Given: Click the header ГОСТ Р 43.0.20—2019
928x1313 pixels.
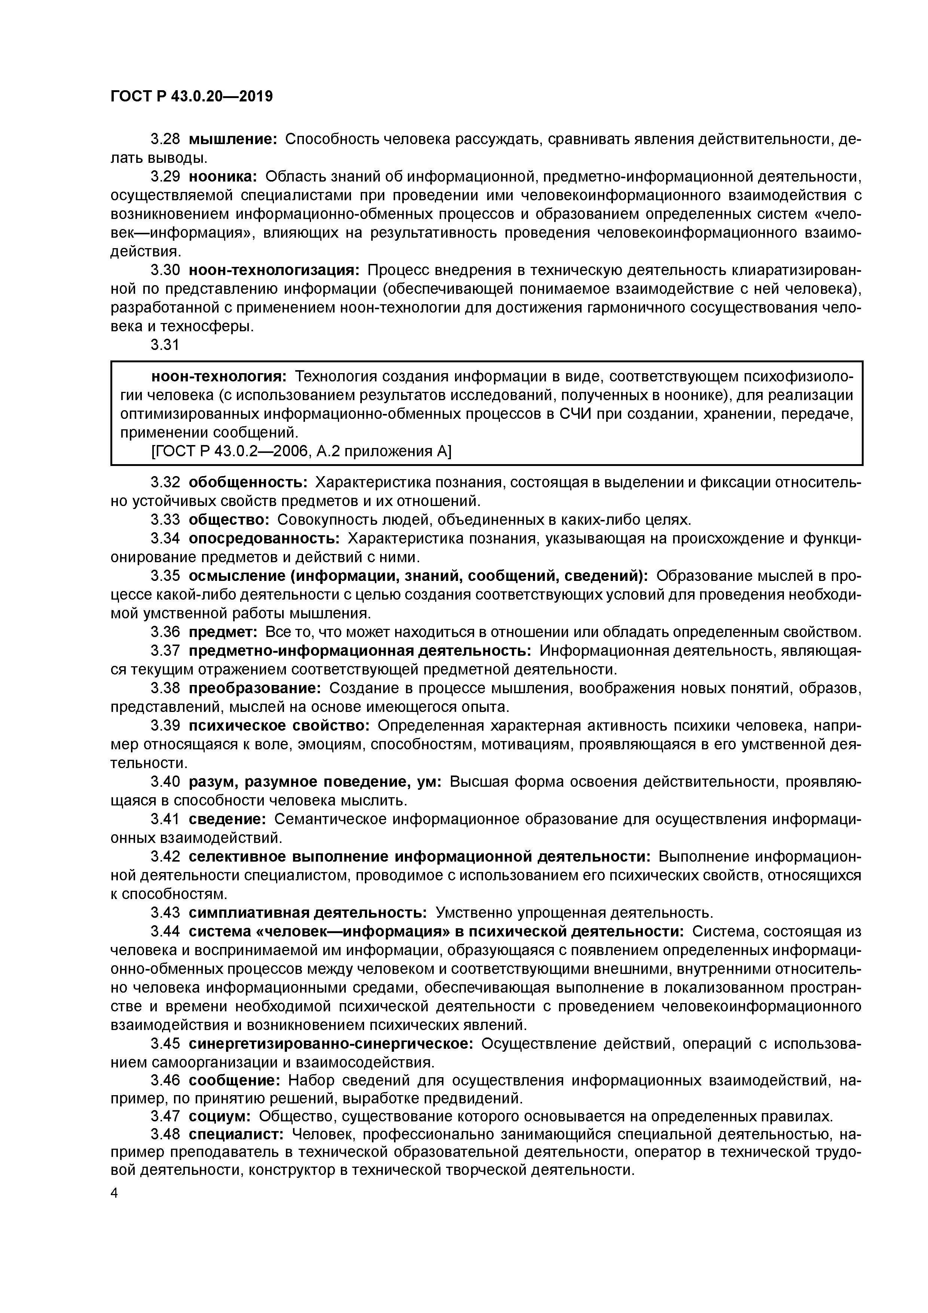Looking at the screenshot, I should click(x=192, y=97).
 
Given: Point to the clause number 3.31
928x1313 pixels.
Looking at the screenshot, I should click(x=165, y=345).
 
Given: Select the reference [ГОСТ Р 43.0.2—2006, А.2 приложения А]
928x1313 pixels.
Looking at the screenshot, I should click(x=301, y=452).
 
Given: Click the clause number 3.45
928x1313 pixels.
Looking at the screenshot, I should click(x=165, y=1044).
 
